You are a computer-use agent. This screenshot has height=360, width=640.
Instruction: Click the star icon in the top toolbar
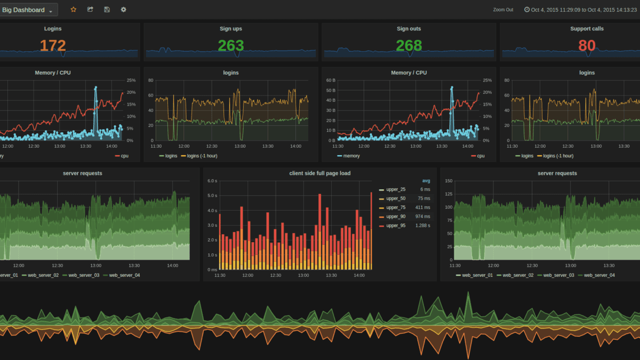(x=74, y=10)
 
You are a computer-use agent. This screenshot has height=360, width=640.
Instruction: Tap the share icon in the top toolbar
(x=90, y=10)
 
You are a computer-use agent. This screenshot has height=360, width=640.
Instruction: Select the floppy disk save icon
(x=107, y=10)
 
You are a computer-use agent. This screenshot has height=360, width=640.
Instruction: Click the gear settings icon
(x=124, y=10)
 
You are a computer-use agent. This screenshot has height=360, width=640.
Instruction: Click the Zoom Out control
(x=503, y=10)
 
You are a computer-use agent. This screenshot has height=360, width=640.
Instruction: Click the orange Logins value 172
(x=53, y=46)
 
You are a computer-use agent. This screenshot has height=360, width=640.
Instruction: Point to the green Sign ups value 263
(x=231, y=46)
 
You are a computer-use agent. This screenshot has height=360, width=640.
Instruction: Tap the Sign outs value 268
(x=409, y=46)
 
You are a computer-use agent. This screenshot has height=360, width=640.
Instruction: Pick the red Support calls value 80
(x=587, y=46)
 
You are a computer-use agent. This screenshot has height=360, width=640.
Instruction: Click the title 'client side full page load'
(x=319, y=173)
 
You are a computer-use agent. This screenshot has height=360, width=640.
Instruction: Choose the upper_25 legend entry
(x=395, y=189)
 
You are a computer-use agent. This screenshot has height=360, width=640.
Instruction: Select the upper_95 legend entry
(x=395, y=226)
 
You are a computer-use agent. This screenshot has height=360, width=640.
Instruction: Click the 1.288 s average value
(x=423, y=226)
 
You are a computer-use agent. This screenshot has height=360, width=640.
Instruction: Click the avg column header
(x=426, y=180)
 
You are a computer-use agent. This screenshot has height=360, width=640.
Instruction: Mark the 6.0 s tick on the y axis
(x=211, y=181)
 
